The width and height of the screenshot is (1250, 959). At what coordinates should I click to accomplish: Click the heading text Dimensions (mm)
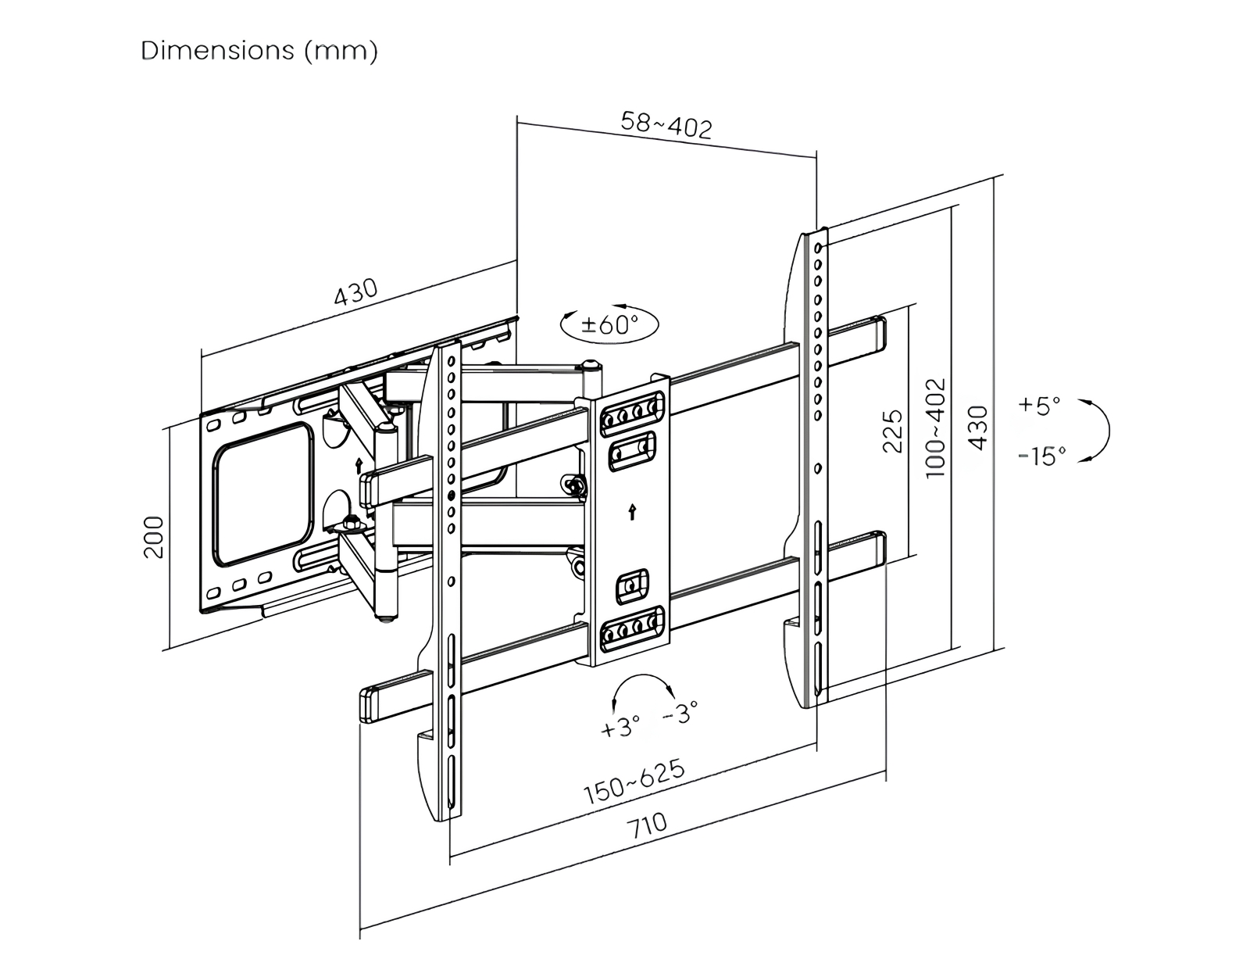(x=259, y=51)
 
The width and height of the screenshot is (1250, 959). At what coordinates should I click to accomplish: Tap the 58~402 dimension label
(x=666, y=125)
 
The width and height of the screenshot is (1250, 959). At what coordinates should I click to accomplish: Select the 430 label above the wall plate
(x=355, y=292)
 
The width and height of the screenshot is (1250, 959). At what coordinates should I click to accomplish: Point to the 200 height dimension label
(x=155, y=536)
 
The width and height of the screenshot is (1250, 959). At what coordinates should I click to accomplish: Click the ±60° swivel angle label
(x=609, y=323)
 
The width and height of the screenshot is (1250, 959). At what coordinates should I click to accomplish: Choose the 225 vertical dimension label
(x=893, y=431)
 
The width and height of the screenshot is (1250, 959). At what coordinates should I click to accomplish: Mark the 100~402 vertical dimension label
(x=935, y=428)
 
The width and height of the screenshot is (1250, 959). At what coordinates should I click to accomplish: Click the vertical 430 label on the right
(x=978, y=428)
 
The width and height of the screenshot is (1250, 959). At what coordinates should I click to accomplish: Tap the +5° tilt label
(x=1040, y=406)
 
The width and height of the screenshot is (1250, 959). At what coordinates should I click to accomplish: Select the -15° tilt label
(x=1042, y=456)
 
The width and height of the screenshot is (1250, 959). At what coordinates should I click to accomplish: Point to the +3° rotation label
(x=620, y=726)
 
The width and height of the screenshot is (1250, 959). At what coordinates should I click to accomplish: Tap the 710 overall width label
(x=648, y=825)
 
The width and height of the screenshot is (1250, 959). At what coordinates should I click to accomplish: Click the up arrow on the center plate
(x=631, y=512)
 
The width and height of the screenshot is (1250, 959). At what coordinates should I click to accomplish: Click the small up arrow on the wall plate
(x=359, y=466)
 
